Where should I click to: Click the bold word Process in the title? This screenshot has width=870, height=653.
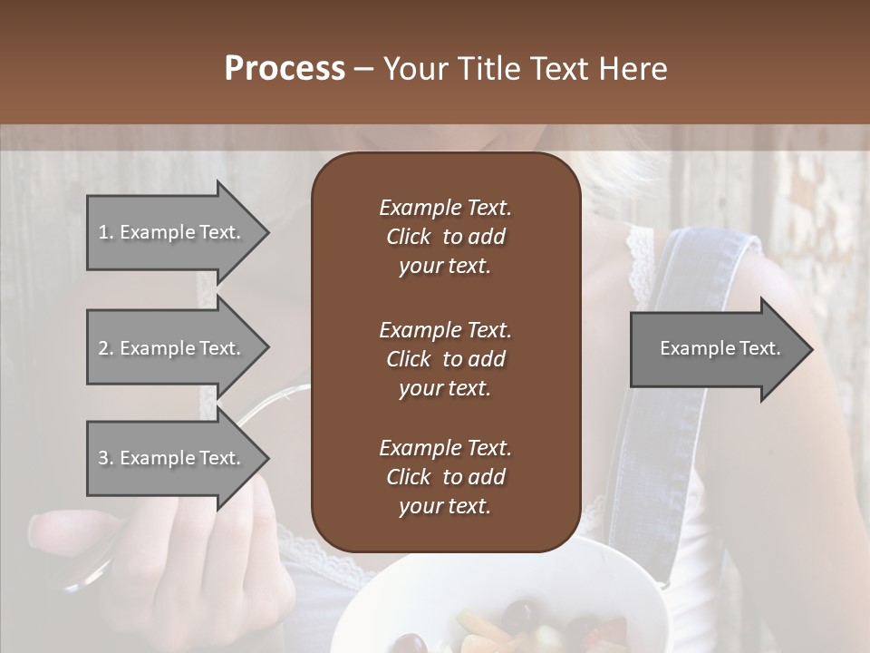pos(285,69)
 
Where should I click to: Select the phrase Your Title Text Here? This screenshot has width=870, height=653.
pos(525,69)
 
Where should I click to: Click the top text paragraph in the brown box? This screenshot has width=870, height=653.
pos(445,237)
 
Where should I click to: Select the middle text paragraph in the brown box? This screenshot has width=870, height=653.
pos(445,359)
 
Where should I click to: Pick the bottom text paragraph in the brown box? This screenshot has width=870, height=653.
pos(445,477)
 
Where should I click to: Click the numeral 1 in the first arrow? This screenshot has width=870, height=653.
pos(103,232)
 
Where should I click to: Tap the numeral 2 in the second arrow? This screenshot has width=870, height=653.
pos(103,348)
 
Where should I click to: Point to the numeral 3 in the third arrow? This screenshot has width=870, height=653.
pos(103,458)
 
